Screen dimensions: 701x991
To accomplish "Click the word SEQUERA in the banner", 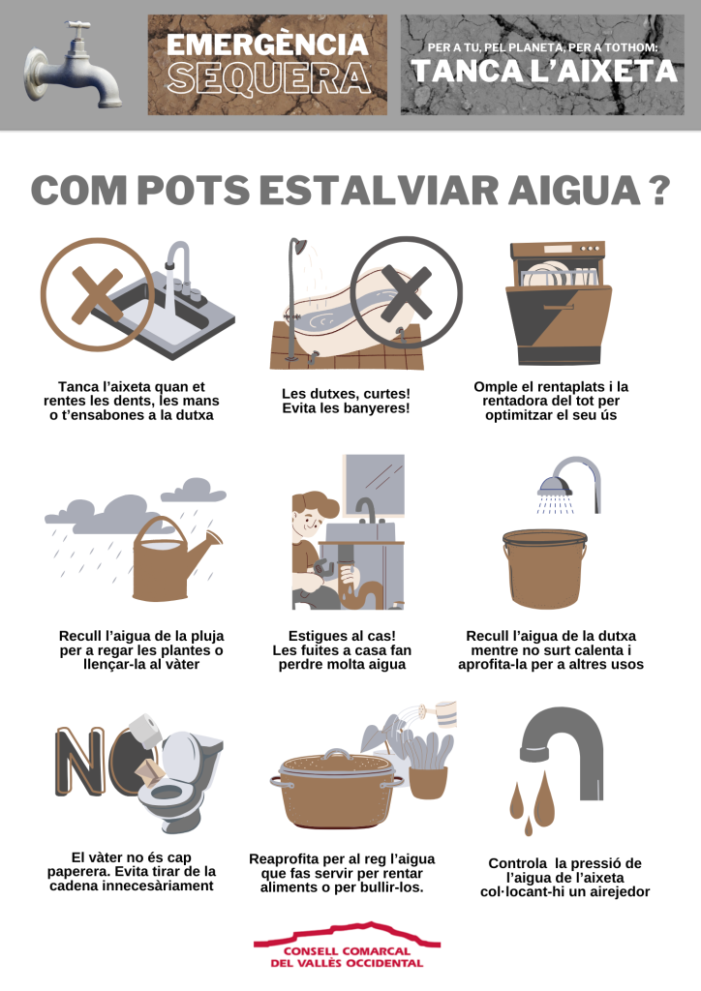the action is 268,78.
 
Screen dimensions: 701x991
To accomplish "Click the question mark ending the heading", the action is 658,191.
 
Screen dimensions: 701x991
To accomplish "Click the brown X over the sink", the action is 98,294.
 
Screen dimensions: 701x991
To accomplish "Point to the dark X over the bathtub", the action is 407,292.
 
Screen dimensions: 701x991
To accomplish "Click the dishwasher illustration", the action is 559,303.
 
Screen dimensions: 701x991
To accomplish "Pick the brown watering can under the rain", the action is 170,559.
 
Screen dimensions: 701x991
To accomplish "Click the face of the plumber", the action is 309,520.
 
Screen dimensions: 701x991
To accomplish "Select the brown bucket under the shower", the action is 545,567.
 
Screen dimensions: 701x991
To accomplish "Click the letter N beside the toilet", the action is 80,761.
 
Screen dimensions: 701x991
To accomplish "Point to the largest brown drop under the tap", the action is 544,796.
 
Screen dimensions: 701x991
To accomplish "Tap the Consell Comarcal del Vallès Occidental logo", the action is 347,946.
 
